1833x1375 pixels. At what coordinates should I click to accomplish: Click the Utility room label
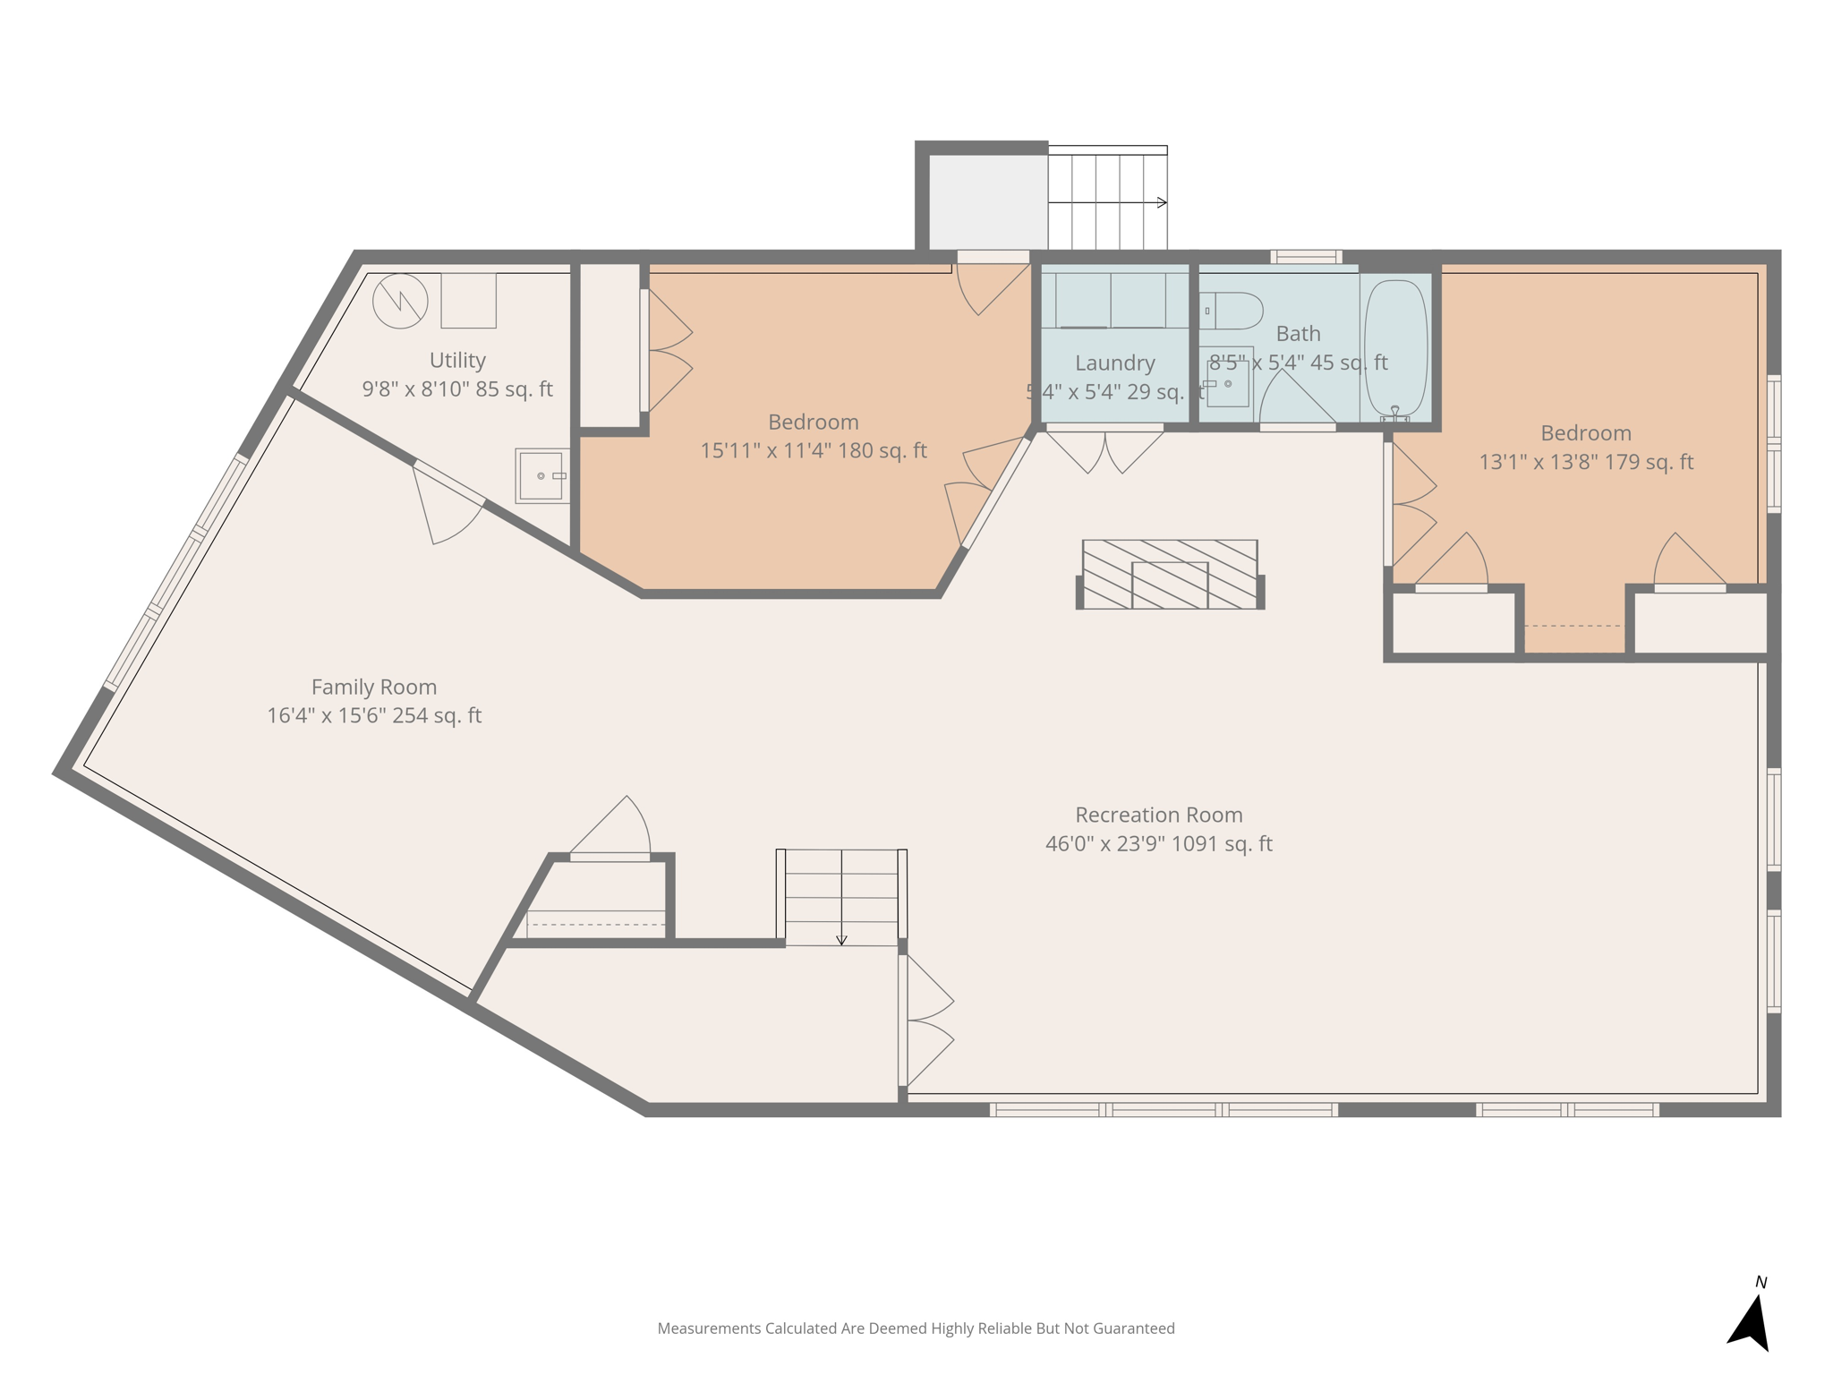click(457, 361)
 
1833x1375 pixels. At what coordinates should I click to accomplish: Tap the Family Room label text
click(374, 687)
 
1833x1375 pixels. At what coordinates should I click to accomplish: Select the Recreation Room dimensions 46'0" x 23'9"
click(1158, 844)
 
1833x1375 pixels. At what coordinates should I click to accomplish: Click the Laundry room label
click(1114, 363)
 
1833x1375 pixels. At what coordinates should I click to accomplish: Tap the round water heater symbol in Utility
click(400, 301)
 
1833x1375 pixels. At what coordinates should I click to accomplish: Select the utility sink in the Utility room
click(541, 475)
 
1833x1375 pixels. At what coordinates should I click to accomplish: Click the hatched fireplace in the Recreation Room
click(1170, 575)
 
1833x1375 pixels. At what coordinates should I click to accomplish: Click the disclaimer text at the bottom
click(916, 1328)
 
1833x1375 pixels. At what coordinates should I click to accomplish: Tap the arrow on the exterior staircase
click(1161, 202)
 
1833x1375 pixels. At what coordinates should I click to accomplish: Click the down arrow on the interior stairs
click(841, 939)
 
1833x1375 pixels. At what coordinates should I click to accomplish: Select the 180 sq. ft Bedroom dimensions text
click(813, 451)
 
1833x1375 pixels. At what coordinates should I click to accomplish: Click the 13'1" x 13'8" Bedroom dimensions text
click(1585, 463)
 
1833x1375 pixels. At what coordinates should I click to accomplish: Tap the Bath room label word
click(1298, 334)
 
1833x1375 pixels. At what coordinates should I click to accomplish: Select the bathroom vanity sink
click(1228, 384)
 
